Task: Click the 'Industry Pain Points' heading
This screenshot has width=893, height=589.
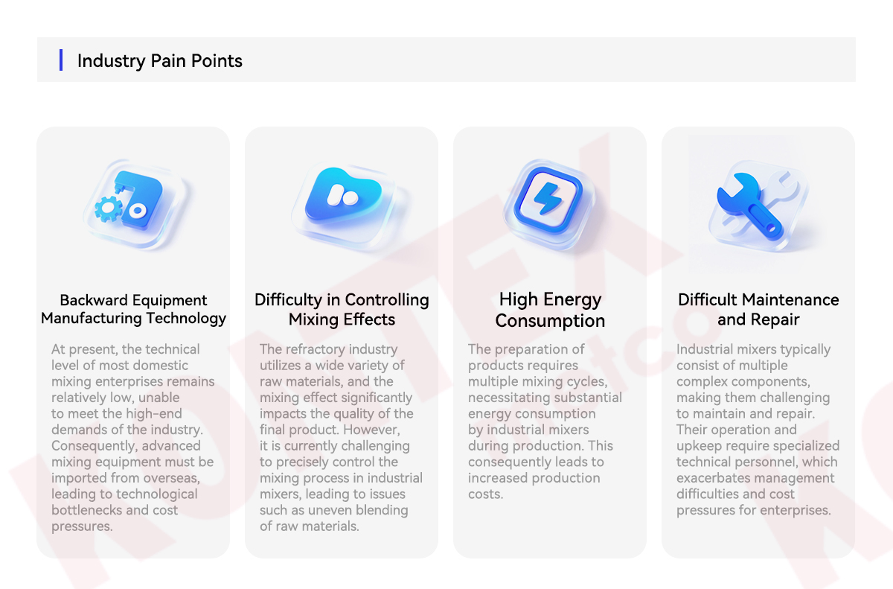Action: tap(159, 61)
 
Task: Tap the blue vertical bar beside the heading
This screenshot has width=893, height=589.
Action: tap(61, 60)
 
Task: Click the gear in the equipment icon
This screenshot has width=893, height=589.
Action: tap(109, 208)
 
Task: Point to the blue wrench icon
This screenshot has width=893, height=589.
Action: tap(749, 206)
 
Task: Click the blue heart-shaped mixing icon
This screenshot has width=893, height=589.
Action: tap(343, 194)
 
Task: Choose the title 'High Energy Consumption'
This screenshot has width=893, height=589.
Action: tap(550, 310)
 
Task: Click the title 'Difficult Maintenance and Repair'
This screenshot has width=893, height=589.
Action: tap(758, 310)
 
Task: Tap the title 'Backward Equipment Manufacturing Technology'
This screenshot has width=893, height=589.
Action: tap(133, 309)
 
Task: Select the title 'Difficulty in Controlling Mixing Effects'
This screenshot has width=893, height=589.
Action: tap(342, 310)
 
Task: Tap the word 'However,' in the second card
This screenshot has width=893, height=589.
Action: tap(371, 430)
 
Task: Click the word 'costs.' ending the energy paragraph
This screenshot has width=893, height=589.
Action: tap(485, 494)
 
